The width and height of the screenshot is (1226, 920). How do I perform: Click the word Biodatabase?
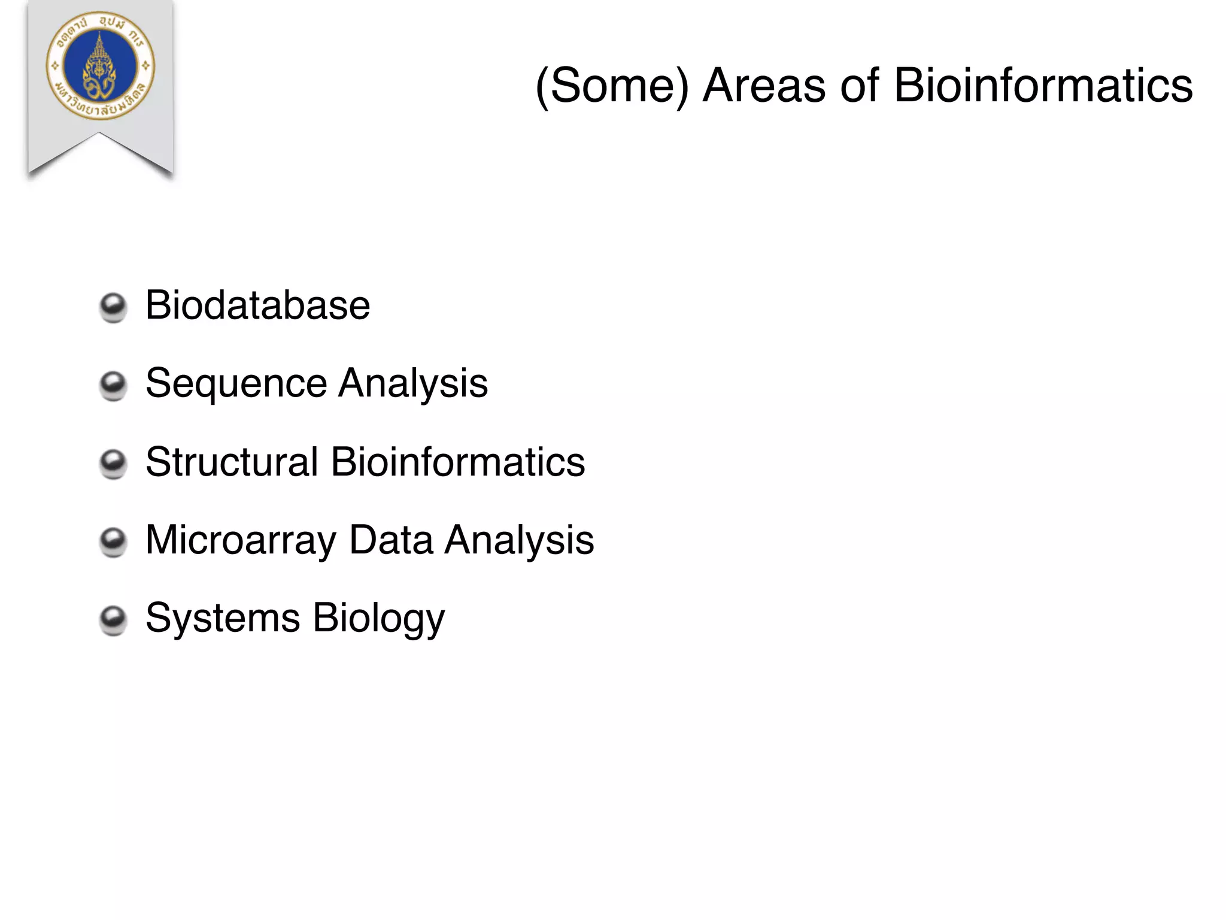pos(257,305)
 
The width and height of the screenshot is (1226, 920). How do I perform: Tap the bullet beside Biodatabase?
pos(113,308)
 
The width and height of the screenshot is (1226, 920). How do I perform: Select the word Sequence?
pos(236,384)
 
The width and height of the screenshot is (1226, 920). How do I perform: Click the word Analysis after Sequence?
pos(412,384)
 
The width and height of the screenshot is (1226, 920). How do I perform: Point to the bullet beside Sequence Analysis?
pos(113,386)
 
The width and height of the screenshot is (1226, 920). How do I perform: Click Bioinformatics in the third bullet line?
pos(458,462)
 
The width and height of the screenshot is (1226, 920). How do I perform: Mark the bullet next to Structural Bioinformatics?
pos(113,465)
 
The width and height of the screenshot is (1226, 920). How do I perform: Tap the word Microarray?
pos(241,540)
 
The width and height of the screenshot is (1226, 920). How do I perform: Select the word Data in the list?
pos(391,540)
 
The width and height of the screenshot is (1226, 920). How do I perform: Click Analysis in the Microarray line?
pos(519,540)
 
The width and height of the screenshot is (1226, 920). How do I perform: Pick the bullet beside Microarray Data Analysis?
pos(113,543)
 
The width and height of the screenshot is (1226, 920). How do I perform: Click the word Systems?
pos(223,618)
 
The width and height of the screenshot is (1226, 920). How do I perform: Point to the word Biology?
pos(378,618)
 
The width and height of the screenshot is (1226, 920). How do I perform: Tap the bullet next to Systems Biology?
pos(113,621)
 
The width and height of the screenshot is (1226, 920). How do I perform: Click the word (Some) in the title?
pos(612,86)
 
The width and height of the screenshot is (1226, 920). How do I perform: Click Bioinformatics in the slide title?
pos(1043,86)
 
